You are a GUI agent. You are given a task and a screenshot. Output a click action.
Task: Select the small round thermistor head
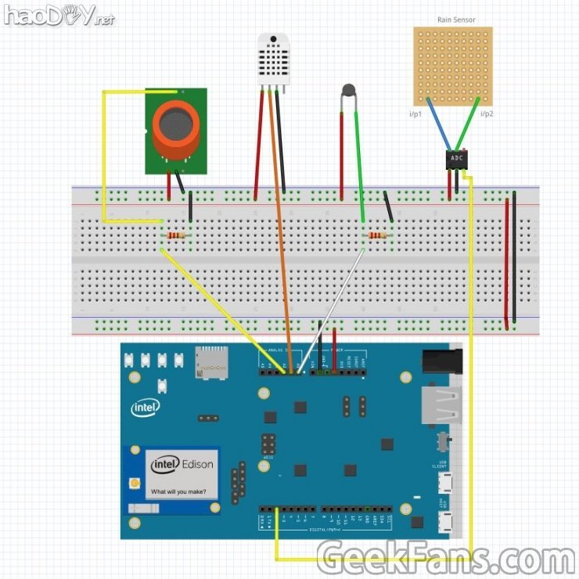pyautogui.click(x=348, y=92)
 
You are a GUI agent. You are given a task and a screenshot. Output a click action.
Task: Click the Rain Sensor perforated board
pyautogui.click(x=453, y=67)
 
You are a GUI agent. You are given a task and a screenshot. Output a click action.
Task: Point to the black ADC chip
pyautogui.click(x=457, y=158)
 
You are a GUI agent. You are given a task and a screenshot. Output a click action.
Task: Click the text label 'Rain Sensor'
pyautogui.click(x=455, y=20)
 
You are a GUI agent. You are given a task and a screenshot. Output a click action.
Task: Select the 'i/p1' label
pyautogui.click(x=415, y=114)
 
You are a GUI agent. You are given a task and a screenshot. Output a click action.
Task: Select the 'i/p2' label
pyautogui.click(x=486, y=114)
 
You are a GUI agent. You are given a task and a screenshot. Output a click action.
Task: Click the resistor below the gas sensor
pyautogui.click(x=176, y=236)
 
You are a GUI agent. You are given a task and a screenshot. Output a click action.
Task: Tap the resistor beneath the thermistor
pyautogui.click(x=378, y=236)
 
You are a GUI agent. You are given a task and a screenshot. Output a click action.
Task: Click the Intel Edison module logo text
pyautogui.click(x=182, y=464)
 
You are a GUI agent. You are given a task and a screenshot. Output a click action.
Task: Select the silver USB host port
pyautogui.click(x=441, y=404)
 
